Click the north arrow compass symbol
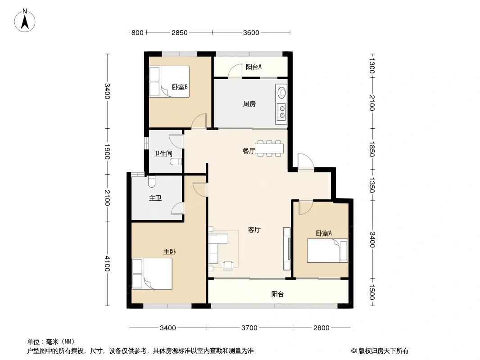tap(25, 21)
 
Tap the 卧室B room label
tap(180, 87)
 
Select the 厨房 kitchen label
tap(249, 104)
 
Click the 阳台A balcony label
tap(254, 67)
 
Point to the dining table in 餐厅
tap(269, 148)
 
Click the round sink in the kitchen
tap(281, 92)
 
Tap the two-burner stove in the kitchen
tap(281, 112)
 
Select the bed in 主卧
tap(152, 274)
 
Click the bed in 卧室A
tap(327, 251)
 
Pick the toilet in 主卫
tap(152, 181)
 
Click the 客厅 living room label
tap(254, 229)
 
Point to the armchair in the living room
tap(228, 265)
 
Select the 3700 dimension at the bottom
tap(249, 328)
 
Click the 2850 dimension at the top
tap(179, 32)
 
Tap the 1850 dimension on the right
tap(371, 149)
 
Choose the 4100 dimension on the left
tap(107, 263)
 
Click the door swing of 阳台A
tap(235, 71)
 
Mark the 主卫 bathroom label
tap(155, 198)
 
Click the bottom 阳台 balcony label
tap(277, 294)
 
